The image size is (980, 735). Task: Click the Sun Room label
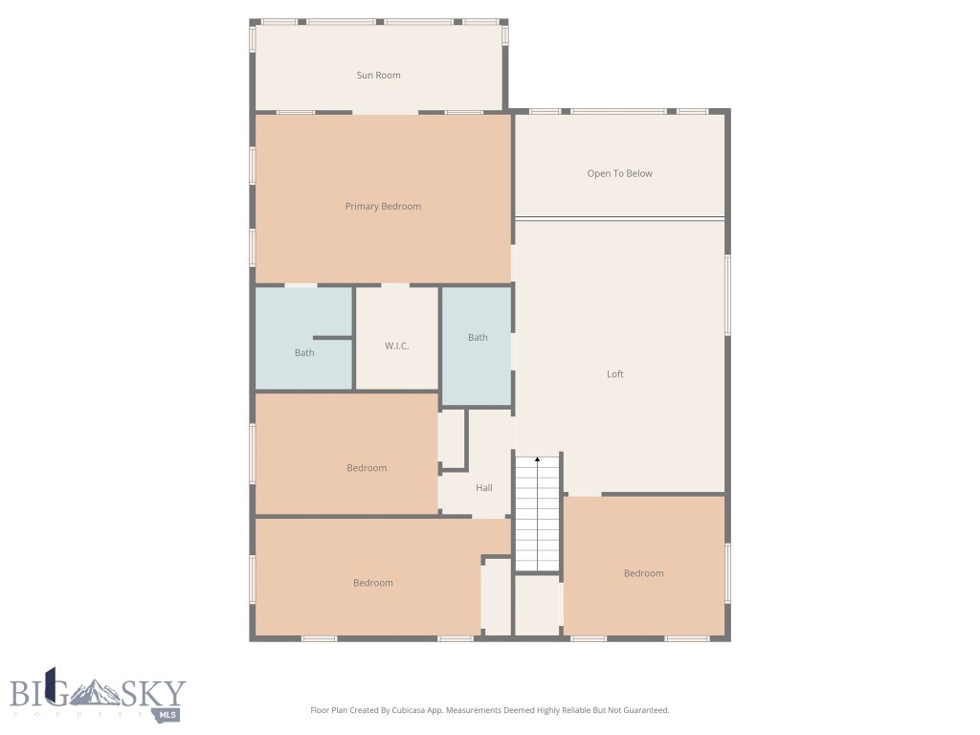pyautogui.click(x=378, y=76)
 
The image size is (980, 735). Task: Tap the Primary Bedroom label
pyautogui.click(x=383, y=207)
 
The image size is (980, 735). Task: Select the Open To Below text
pyautogui.click(x=619, y=174)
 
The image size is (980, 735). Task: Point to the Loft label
pyautogui.click(x=614, y=374)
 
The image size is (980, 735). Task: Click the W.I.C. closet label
pyautogui.click(x=397, y=346)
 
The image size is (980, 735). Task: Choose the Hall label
pyautogui.click(x=484, y=488)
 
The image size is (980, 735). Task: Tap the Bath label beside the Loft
pyautogui.click(x=478, y=338)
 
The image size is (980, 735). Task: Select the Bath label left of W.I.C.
pyautogui.click(x=304, y=353)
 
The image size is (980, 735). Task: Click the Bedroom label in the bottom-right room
pyautogui.click(x=643, y=574)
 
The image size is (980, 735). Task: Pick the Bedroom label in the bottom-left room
pyautogui.click(x=372, y=584)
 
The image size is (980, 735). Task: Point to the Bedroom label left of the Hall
pyautogui.click(x=367, y=469)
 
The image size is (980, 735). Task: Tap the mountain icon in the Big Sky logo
pyautogui.click(x=96, y=691)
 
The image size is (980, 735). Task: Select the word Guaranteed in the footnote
pyautogui.click(x=645, y=711)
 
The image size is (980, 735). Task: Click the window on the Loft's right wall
pyautogui.click(x=727, y=294)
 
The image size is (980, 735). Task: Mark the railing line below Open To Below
pyautogui.click(x=619, y=218)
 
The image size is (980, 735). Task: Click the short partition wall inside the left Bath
pyautogui.click(x=332, y=338)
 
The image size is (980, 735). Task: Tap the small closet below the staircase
pyautogui.click(x=538, y=605)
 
